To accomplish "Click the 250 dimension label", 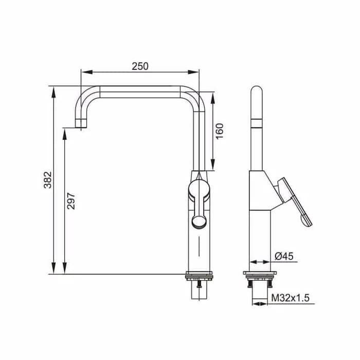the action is tap(140, 66).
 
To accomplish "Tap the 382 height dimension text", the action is tap(48, 180).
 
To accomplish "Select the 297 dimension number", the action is tap(71, 201).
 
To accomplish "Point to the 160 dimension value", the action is tap(220, 131).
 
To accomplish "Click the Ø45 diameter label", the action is tap(284, 256).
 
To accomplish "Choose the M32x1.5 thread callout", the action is tap(291, 298).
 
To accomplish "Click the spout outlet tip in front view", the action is tap(81, 123).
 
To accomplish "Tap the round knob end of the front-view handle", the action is tap(199, 222).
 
